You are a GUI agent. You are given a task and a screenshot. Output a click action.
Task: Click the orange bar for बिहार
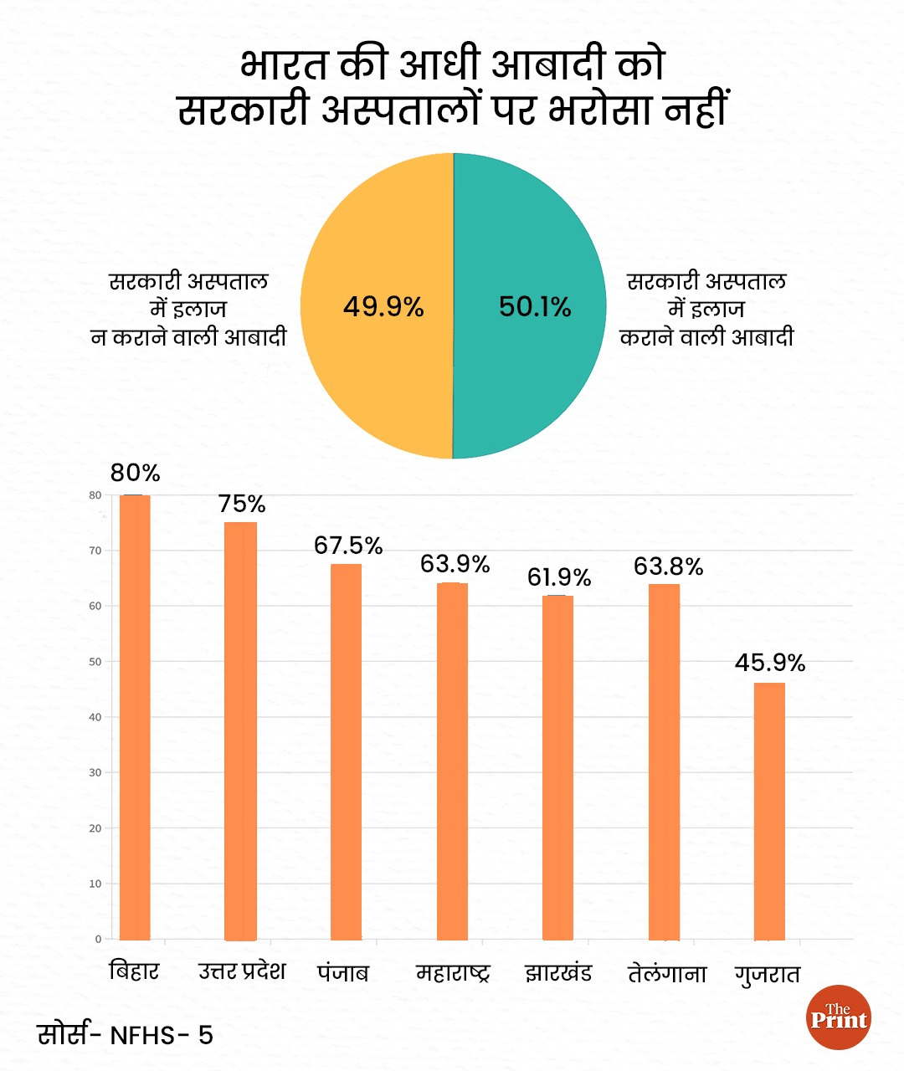135,717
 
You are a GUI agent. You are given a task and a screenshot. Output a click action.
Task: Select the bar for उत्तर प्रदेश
241,731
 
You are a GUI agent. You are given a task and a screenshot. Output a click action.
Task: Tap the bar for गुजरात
769,811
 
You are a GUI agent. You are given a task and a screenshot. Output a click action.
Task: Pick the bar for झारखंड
557,767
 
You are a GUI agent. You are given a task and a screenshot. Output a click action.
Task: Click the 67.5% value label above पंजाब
348,546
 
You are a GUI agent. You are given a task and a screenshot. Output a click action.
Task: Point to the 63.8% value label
668,566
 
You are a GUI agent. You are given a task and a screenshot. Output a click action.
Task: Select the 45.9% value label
770,663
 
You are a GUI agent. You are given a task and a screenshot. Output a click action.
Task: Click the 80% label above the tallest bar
135,473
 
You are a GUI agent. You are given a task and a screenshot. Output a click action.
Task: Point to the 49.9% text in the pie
383,307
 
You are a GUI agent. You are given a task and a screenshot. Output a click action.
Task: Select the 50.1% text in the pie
535,307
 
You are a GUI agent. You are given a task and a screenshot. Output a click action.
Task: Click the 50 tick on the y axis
96,662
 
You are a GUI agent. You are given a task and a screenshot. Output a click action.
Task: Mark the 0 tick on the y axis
98,939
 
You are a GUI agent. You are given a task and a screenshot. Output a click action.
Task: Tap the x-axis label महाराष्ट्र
453,973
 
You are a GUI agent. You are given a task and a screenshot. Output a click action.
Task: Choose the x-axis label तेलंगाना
667,974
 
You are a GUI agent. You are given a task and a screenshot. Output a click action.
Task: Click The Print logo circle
839,1017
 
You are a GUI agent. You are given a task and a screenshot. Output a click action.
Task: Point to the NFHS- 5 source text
162,1036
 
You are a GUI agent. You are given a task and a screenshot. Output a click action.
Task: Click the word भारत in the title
284,65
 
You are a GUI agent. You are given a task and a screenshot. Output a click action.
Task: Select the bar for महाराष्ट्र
452,761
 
